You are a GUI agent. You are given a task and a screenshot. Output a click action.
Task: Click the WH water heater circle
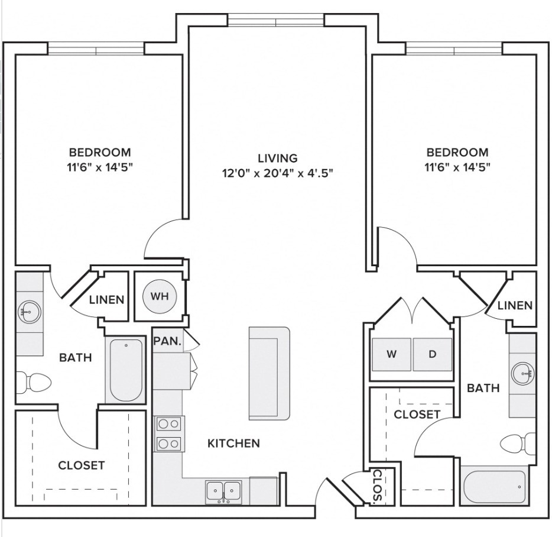coord(160,296)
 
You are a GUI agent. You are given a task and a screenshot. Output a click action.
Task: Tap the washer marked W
coord(391,354)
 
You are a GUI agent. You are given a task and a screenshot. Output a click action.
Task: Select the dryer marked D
coord(432,354)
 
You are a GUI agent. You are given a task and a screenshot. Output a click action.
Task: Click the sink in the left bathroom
coord(30,312)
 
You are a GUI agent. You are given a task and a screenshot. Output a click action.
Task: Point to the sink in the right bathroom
coord(523,374)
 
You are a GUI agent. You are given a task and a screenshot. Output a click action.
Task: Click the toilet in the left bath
coord(34,382)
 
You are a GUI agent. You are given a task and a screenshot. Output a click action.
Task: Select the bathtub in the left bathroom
coord(126,370)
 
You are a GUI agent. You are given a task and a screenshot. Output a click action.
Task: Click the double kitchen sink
coord(223,491)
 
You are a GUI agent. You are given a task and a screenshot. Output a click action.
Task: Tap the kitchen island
coord(269,374)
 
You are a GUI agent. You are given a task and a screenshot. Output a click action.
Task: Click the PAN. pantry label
coord(168,341)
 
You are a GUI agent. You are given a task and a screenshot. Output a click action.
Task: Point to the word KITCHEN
coord(234,444)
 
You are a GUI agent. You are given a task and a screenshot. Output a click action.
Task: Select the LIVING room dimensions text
coord(277,173)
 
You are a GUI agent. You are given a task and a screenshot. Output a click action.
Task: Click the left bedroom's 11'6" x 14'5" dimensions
coord(100,167)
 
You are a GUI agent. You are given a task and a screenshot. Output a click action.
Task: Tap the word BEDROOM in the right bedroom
coord(457,152)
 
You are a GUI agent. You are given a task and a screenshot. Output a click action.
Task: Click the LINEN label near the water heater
coord(106,300)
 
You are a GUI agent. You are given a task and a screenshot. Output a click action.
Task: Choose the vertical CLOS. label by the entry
coord(377,486)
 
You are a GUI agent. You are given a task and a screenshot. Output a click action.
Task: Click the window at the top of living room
coord(276,20)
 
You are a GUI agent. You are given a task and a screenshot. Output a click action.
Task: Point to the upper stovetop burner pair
coord(168,424)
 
